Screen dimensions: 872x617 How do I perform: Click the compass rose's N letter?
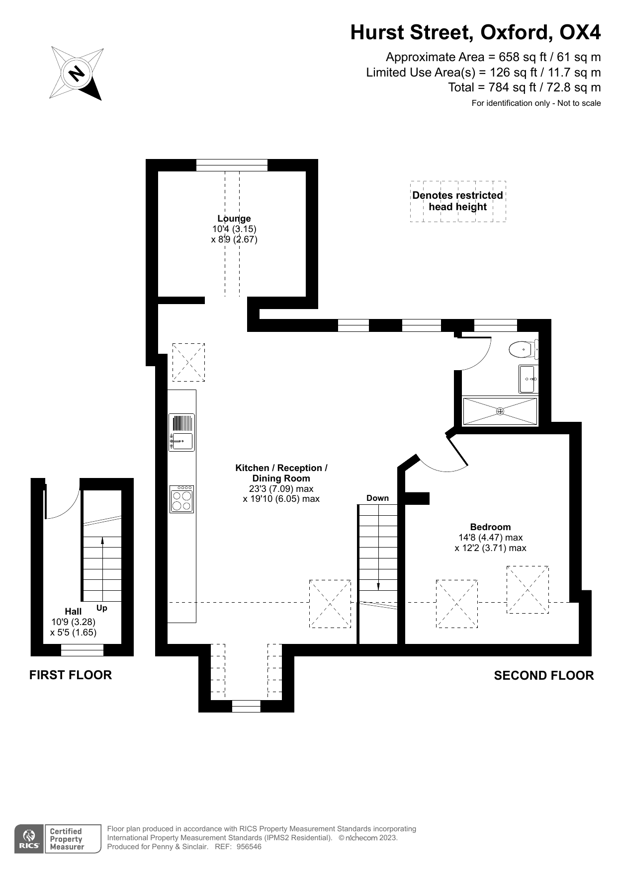(76, 74)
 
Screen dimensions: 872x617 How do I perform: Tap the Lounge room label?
(234, 219)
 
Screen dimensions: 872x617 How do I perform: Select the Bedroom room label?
(490, 527)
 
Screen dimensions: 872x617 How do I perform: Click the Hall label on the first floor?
(73, 611)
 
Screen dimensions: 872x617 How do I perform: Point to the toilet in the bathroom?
(521, 349)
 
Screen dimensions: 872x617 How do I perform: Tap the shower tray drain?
(500, 411)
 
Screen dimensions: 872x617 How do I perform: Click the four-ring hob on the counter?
(181, 499)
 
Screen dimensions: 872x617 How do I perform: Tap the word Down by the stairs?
(377, 498)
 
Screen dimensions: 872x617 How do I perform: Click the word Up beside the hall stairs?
(101, 608)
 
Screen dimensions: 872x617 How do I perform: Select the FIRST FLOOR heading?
(71, 675)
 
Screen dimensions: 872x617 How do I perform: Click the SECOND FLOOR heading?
(543, 675)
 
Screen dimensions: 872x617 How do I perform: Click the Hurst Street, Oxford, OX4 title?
(475, 32)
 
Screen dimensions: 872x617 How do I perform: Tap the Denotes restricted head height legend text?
(457, 201)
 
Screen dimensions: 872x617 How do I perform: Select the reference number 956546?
(249, 847)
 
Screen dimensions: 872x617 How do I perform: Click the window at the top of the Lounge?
(232, 165)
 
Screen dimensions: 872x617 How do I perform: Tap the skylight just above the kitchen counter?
(188, 362)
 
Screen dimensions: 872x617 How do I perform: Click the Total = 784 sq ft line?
(524, 87)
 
